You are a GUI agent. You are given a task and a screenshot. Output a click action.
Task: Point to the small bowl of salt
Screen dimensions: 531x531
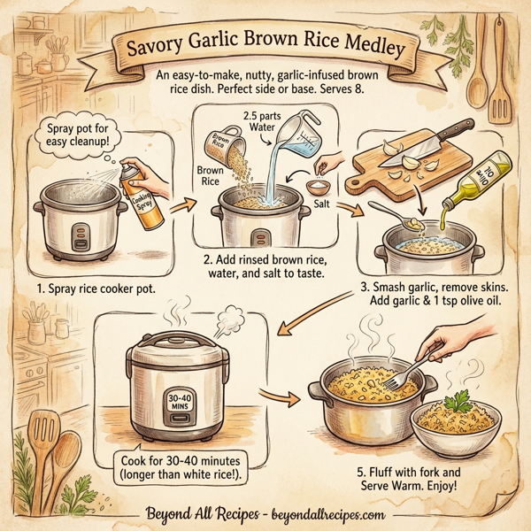[317, 187]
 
